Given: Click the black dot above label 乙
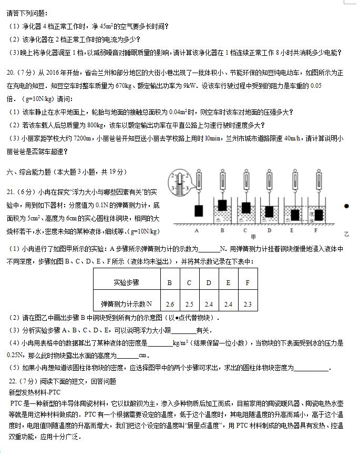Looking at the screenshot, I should pos(346,206).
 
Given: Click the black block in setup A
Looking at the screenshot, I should pos(199,210).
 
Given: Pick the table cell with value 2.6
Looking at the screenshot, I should pos(170,304).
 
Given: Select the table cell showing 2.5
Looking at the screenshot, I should pos(189,304).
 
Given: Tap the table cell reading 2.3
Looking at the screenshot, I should pos(248,304).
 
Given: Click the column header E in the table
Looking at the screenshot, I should pos(228,282).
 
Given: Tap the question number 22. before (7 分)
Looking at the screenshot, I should pos(12,381).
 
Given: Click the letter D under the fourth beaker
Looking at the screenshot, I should pos(269,230).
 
